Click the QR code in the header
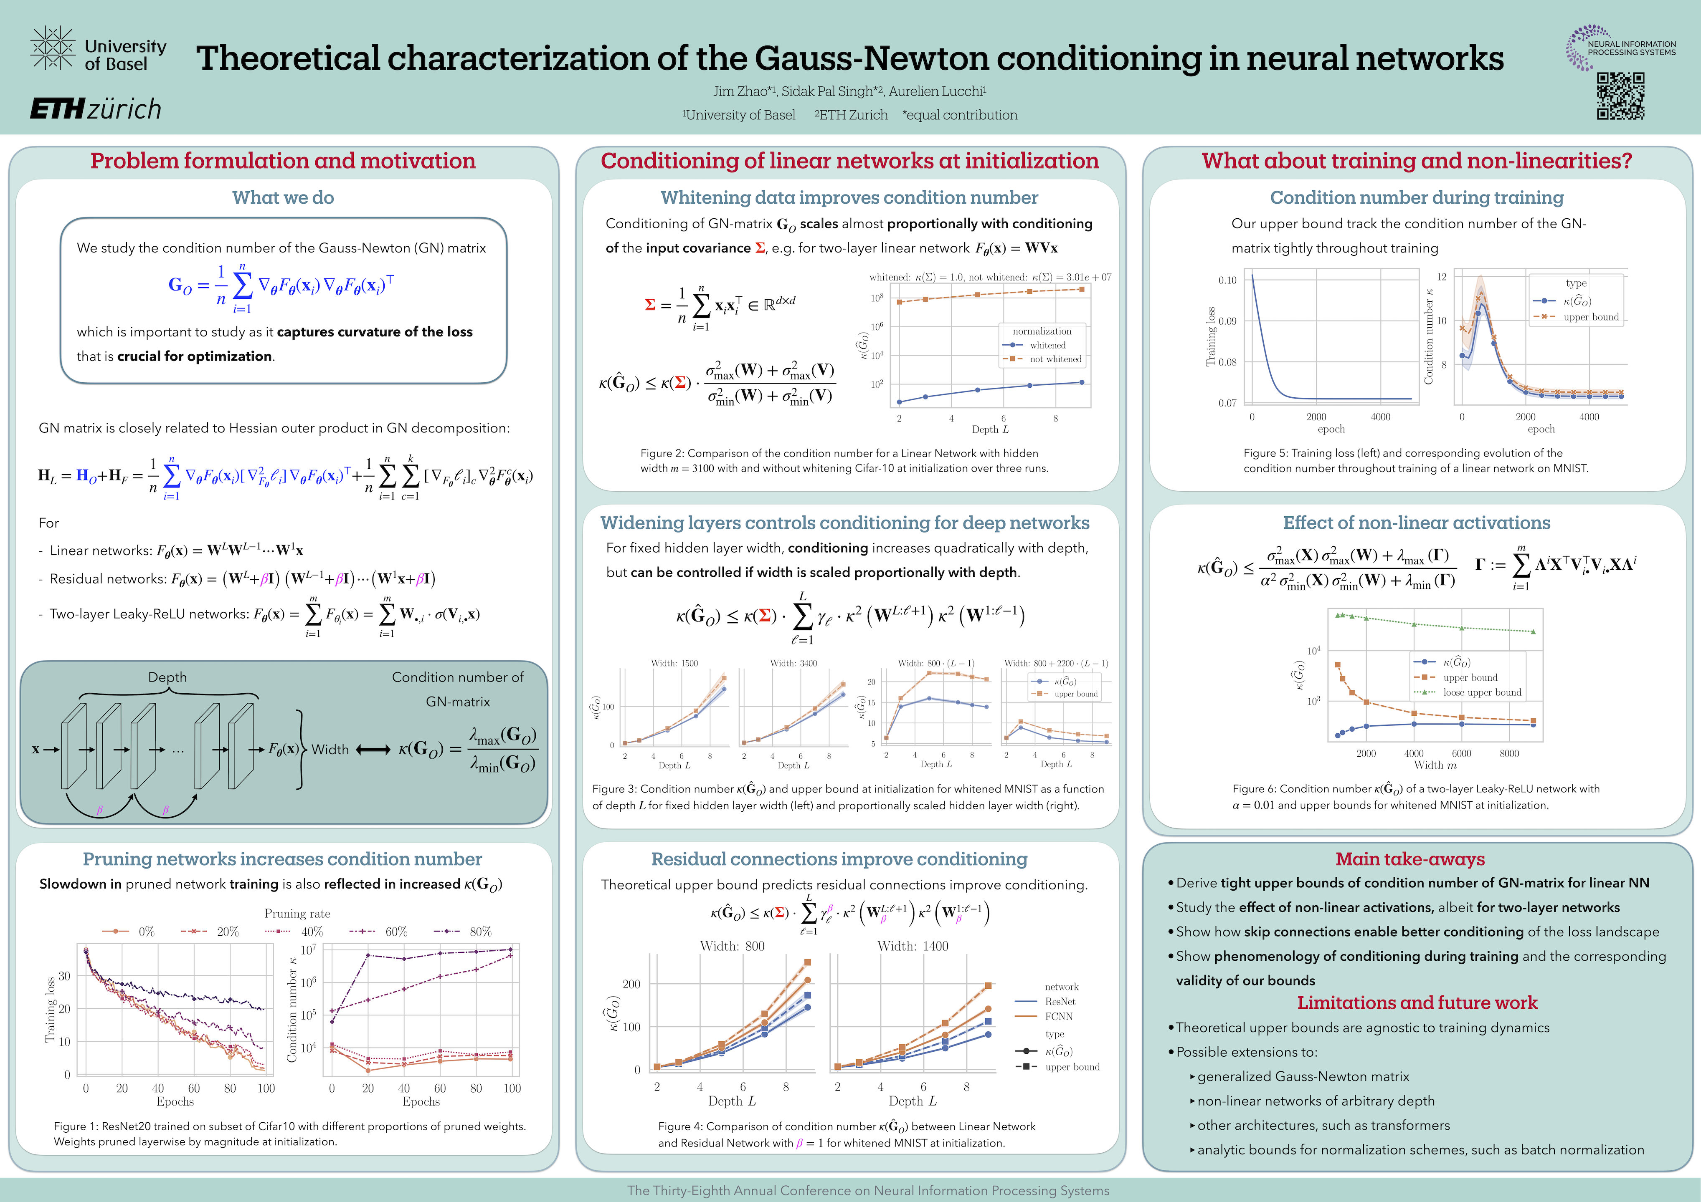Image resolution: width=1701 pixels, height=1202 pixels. [x=1620, y=96]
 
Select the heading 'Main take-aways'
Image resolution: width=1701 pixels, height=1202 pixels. [x=1410, y=859]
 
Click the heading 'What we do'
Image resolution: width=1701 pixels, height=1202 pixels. [x=283, y=198]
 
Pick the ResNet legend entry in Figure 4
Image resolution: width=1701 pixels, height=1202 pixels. [x=1060, y=1001]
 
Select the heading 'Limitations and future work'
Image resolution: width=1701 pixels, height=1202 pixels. [x=1417, y=1003]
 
